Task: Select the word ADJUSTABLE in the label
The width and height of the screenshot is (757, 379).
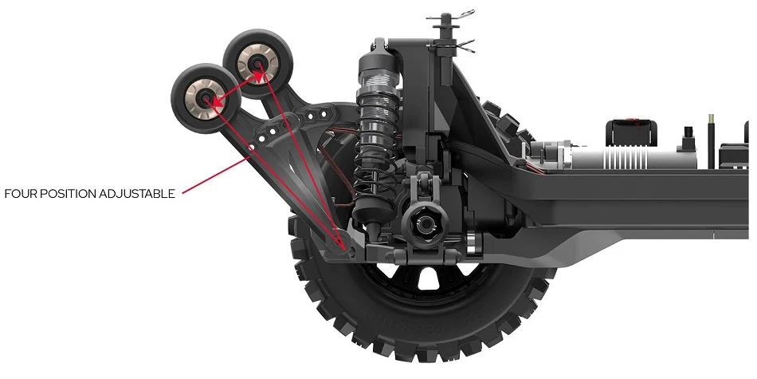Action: point(137,195)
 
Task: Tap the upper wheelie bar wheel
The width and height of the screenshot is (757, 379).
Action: point(258,63)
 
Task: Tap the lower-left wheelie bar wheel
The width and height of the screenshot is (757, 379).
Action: point(206,99)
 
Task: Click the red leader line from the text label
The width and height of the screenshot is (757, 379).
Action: point(216,175)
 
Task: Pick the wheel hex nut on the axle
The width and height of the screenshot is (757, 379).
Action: point(426,223)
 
